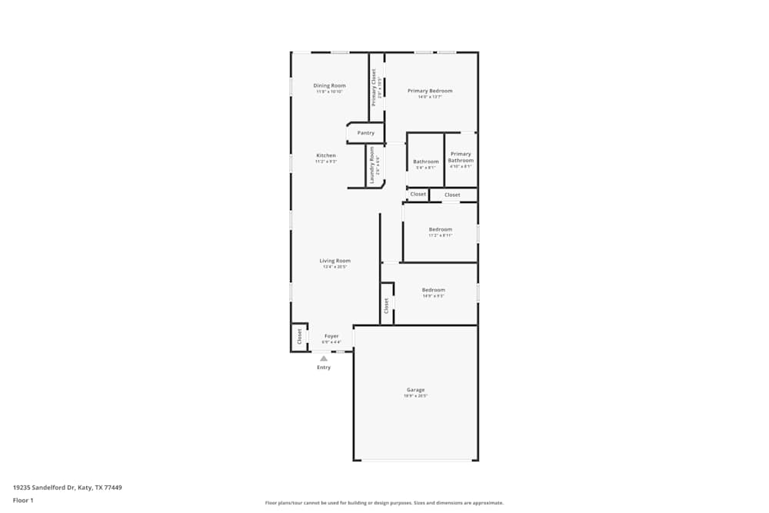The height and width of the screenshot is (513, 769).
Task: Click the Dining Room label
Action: click(x=329, y=85)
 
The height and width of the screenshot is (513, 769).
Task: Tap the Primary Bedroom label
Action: click(x=430, y=91)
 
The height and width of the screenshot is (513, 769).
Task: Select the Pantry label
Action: click(x=366, y=133)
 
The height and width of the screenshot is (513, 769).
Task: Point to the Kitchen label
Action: click(x=326, y=155)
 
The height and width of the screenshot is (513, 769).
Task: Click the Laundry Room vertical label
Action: click(x=372, y=165)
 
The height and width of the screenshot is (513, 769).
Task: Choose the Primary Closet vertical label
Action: click(x=375, y=86)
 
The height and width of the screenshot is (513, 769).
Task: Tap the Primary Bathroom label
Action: click(x=461, y=157)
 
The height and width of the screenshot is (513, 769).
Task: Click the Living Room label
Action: click(x=335, y=261)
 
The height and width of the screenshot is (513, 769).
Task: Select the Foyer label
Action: click(x=331, y=336)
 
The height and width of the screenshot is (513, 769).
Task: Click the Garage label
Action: click(x=415, y=390)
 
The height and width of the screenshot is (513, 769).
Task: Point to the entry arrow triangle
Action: click(x=324, y=358)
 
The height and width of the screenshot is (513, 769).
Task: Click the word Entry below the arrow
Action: click(x=324, y=368)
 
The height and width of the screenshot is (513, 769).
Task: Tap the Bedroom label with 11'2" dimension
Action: click(x=441, y=229)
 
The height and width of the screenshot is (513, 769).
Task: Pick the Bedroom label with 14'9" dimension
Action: click(x=434, y=290)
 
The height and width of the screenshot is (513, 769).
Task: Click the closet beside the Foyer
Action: click(x=299, y=337)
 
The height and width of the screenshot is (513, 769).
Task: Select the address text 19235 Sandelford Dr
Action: click(x=68, y=488)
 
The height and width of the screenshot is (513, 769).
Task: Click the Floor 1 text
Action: click(x=23, y=500)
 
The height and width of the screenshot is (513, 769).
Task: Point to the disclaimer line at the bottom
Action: click(x=384, y=503)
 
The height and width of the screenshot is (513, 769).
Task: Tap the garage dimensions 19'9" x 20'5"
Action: click(x=415, y=396)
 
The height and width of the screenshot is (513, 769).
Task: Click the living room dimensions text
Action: click(x=335, y=267)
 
